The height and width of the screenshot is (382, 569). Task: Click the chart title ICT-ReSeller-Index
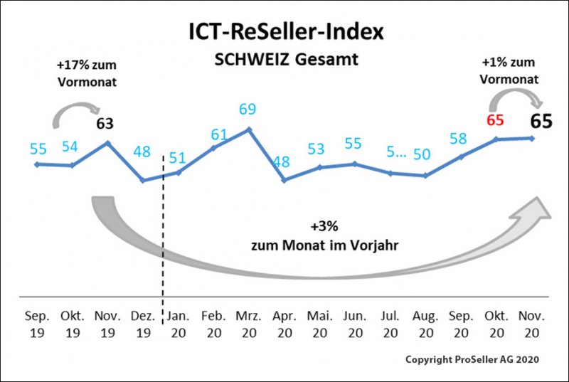284,32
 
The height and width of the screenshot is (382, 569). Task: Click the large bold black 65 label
542,120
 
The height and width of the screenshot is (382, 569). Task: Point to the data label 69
248,110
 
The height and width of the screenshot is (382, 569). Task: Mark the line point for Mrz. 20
248,129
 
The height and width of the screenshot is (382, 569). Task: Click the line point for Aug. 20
425,175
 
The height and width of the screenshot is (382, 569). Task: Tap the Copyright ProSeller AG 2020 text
472,360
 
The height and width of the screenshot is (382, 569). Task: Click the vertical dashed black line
164,235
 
